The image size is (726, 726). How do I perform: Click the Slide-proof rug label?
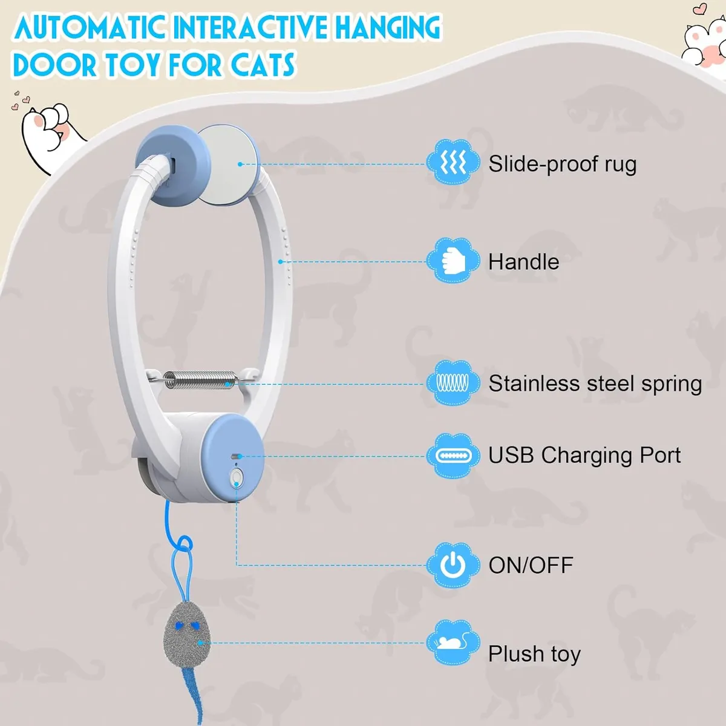[x=562, y=164]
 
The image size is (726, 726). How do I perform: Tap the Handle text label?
[x=524, y=261]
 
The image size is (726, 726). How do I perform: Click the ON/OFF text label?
[x=531, y=565]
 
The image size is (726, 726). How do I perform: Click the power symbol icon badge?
[x=453, y=565]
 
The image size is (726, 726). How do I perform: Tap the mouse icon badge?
[x=453, y=643]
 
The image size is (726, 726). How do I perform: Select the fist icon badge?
[x=453, y=260]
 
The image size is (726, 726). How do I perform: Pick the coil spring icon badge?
[x=453, y=383]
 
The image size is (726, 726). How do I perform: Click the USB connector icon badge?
[x=453, y=456]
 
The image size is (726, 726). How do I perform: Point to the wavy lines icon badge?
[x=453, y=162]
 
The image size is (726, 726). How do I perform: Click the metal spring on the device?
[x=200, y=379]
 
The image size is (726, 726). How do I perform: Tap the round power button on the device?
[x=236, y=477]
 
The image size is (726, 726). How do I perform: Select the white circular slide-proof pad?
[x=227, y=164]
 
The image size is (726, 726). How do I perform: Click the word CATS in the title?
[x=263, y=65]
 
